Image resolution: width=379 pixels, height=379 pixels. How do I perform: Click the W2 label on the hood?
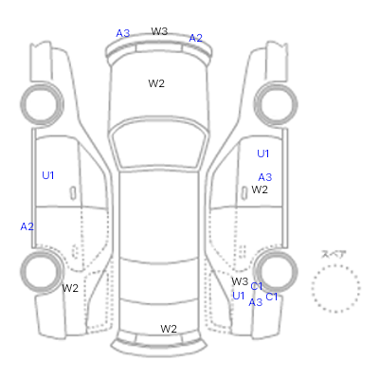(x=156, y=83)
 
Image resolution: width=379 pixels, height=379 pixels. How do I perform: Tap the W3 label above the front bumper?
(x=159, y=31)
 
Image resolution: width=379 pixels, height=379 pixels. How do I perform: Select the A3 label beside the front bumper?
(x=123, y=33)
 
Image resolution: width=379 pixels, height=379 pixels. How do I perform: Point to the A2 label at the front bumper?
(x=195, y=38)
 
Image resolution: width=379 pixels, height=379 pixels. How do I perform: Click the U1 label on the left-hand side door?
(x=48, y=175)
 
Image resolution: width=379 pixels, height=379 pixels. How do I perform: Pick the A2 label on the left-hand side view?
(x=27, y=226)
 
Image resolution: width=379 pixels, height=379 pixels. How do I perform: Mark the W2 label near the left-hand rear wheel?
(x=70, y=288)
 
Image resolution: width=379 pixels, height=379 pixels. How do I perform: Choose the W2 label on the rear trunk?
(x=169, y=329)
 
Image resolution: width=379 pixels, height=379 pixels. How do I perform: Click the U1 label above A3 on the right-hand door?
(x=263, y=153)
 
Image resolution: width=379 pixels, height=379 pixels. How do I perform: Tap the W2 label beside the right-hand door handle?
(x=260, y=189)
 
